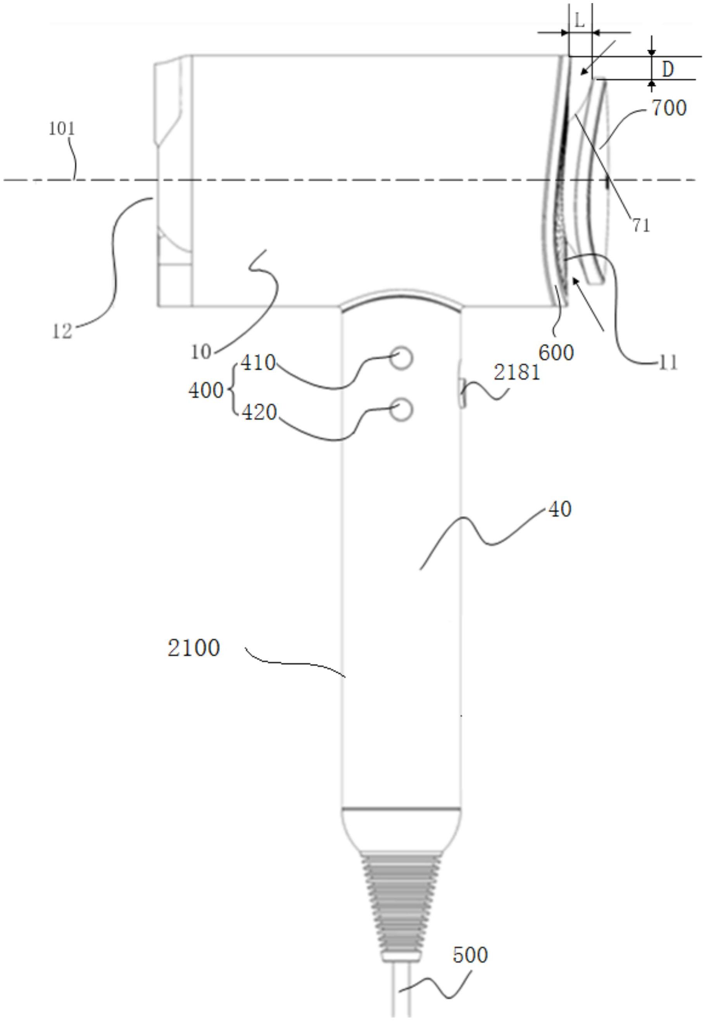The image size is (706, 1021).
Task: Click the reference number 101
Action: coord(62,129)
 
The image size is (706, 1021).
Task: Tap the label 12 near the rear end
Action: coord(62,332)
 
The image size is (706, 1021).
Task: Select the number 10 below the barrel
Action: coord(202,352)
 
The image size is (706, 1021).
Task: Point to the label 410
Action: coord(258,363)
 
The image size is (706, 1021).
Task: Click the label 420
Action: coord(259,413)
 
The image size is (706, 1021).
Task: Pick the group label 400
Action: coord(206,390)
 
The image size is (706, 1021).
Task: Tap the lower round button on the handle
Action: coord(402,409)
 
